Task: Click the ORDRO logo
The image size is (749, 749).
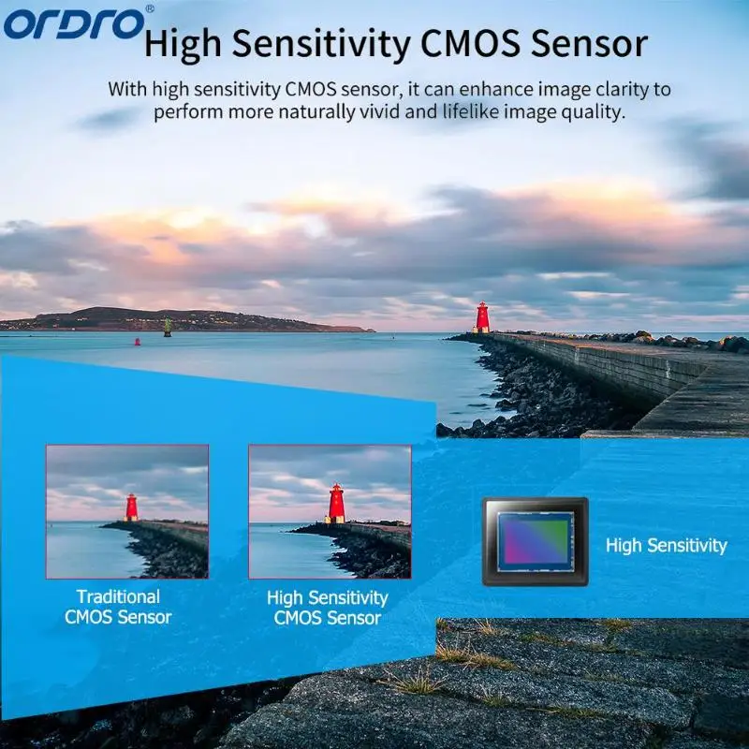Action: coord(74,23)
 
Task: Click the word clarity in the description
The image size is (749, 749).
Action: coord(621,90)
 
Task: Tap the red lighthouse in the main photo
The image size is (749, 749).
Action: coord(482,317)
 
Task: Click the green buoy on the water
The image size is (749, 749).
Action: coord(168,327)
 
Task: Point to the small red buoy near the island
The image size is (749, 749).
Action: coord(138,342)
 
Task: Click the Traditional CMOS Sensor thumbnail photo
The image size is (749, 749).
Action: coord(127,511)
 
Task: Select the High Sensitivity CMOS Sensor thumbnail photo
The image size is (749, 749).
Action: coord(330,511)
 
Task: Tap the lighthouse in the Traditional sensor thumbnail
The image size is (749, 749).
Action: coord(132,507)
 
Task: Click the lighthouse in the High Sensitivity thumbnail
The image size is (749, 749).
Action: coord(336,504)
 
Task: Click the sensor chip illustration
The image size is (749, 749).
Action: coord(535,541)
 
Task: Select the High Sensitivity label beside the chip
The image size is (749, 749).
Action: coord(666,545)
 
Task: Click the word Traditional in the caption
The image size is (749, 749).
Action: coord(118,596)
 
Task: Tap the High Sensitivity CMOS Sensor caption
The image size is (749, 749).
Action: coord(328,608)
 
